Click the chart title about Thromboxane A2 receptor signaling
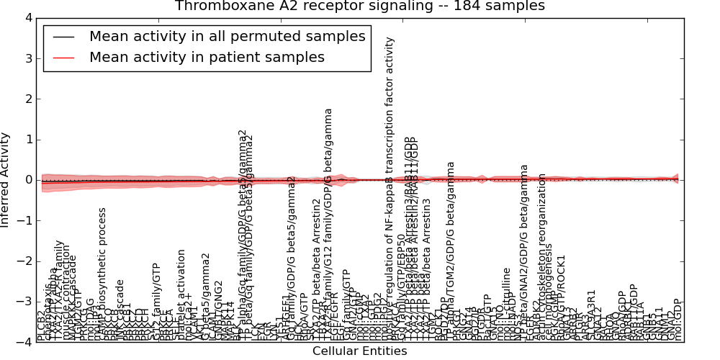359,6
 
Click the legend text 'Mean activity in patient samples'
207,57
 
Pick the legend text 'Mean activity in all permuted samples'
227,37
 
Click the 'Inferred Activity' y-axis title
6,180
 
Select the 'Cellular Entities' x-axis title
359,351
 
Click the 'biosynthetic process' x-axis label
103,274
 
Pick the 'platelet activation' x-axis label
182,295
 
